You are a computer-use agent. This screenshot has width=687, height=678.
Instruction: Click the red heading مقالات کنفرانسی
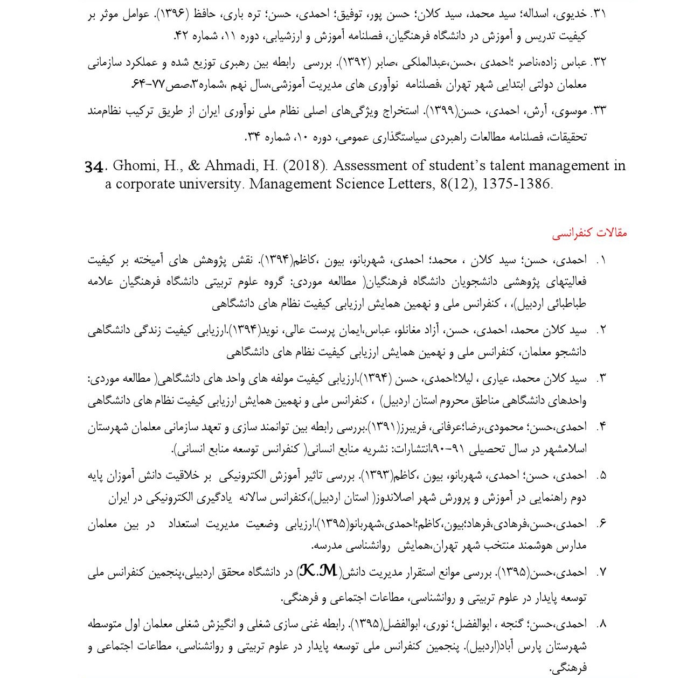click(589, 234)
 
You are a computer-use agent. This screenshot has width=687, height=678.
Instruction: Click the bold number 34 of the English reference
click(94, 166)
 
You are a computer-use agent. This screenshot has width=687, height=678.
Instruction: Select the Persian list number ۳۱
click(599, 15)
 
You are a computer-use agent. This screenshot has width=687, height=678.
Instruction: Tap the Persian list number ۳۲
click(599, 62)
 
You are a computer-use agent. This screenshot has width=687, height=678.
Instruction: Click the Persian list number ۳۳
click(599, 111)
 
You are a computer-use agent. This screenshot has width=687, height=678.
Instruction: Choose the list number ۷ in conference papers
click(602, 572)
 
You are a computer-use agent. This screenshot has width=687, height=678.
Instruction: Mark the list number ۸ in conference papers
click(602, 624)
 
